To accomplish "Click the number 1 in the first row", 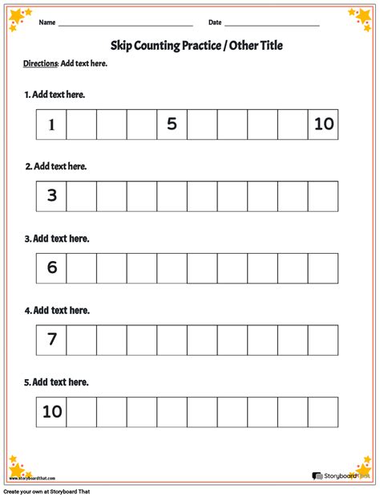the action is coord(51,124).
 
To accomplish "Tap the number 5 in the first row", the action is coord(172,124).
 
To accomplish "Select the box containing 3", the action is coord(51,196).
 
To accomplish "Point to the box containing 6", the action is coord(51,268).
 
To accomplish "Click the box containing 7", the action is coord(51,340).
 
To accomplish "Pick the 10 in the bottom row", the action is coord(51,411).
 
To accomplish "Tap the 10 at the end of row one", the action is coord(324,124).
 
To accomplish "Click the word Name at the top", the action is coord(46,22).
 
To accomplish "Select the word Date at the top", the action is coord(215,22).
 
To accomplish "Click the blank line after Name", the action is coord(125,25).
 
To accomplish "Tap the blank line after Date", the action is coord(272,25).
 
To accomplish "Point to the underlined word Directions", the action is coord(41,63).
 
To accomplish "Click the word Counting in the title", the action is coord(160,46).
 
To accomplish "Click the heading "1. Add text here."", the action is coord(55,95).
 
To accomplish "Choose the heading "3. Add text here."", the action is coord(56,239).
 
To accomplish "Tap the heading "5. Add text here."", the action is coord(56,382).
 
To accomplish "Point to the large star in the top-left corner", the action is coord(16,17).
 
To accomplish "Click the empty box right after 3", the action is coord(81,196).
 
